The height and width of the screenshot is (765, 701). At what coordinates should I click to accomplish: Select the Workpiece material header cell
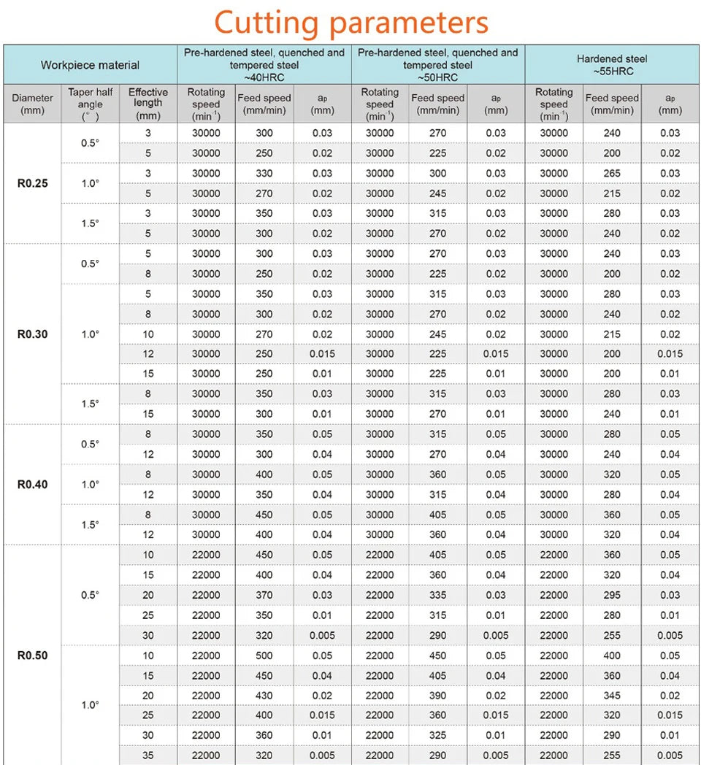(x=90, y=65)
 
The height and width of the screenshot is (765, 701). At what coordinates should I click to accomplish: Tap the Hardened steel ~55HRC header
(x=612, y=65)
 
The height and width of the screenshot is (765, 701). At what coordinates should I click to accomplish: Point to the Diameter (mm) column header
(x=32, y=104)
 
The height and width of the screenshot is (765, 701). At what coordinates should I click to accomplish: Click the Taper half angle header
(x=91, y=104)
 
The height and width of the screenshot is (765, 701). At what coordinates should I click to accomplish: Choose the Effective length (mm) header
(x=148, y=104)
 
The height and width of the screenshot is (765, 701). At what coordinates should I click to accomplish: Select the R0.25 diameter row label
(x=32, y=183)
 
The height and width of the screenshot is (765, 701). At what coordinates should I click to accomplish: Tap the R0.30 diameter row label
(x=32, y=334)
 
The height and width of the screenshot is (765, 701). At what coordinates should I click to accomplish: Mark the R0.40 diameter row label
(x=32, y=485)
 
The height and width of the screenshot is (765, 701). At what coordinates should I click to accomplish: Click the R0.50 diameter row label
(x=32, y=656)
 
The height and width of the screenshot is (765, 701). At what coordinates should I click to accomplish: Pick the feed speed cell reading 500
(x=264, y=656)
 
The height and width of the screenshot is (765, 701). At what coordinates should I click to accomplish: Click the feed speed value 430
(x=264, y=696)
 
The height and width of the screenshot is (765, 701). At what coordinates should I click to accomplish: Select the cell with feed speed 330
(x=264, y=173)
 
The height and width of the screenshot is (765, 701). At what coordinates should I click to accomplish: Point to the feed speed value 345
(x=612, y=696)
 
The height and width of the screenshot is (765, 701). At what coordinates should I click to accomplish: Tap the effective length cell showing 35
(x=148, y=756)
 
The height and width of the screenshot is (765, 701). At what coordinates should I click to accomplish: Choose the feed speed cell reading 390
(x=438, y=696)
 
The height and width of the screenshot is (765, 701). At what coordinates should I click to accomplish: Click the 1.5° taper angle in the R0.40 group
(x=91, y=525)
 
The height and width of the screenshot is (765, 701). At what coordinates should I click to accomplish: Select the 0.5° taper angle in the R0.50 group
(x=91, y=595)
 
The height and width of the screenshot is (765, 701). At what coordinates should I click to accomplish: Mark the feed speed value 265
(x=612, y=173)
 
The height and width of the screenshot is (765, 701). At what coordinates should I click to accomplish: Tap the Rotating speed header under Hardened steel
(x=553, y=104)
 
